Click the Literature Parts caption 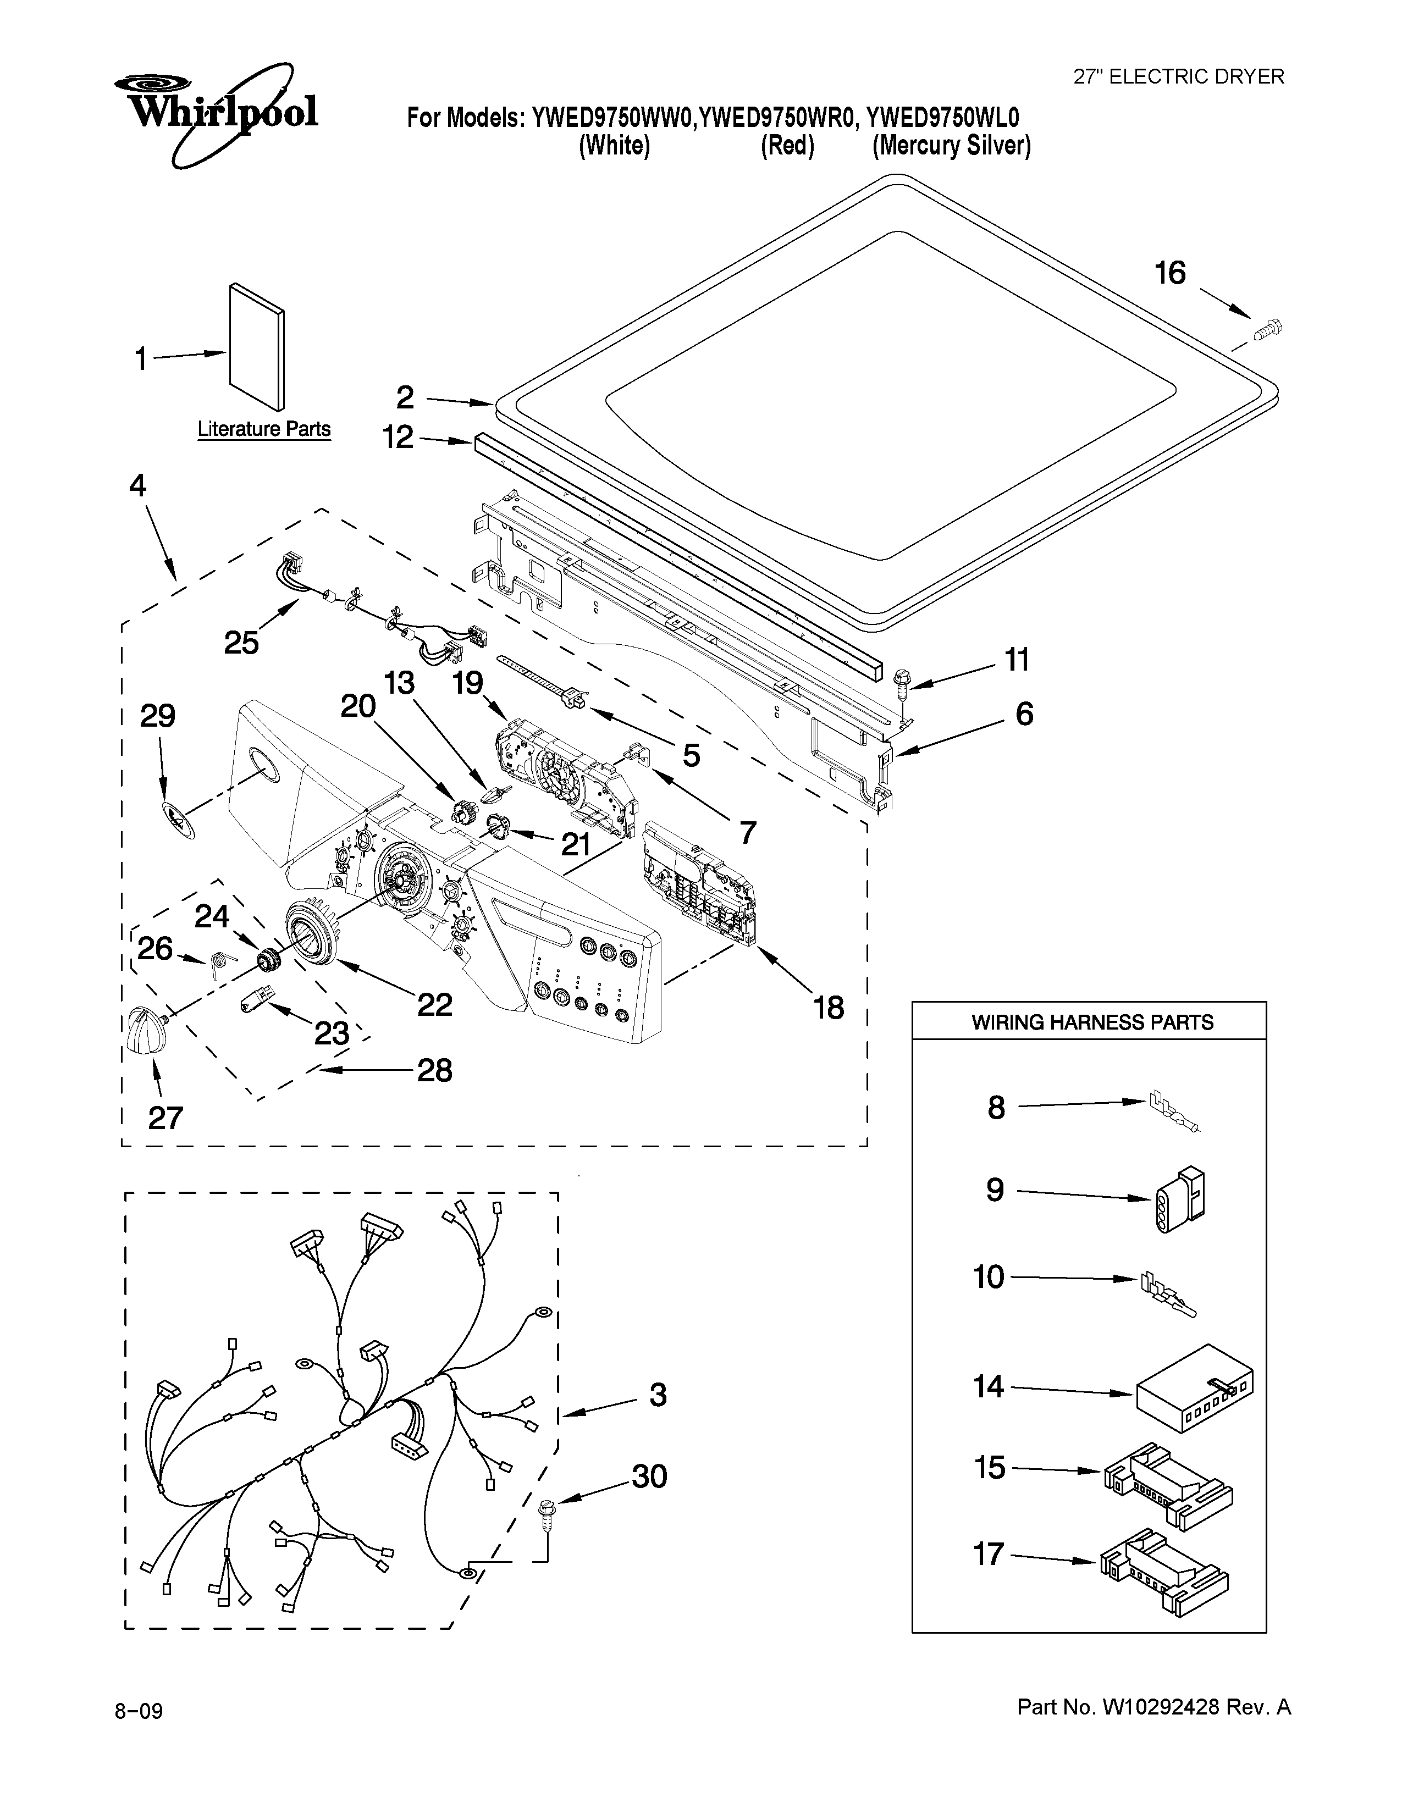pyautogui.click(x=264, y=429)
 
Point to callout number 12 pyautogui.click(x=399, y=437)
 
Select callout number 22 pyautogui.click(x=434, y=1005)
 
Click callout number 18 pyautogui.click(x=828, y=1008)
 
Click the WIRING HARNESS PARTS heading pyautogui.click(x=1091, y=1022)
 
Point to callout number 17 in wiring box pyautogui.click(x=989, y=1554)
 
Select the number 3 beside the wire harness pyautogui.click(x=658, y=1395)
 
